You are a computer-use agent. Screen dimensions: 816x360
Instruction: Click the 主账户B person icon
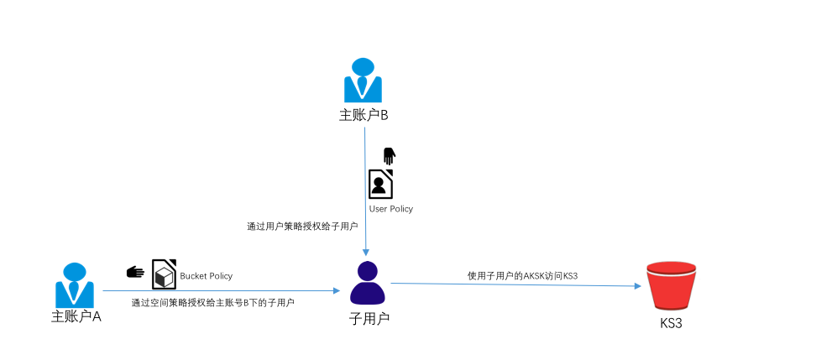(x=363, y=80)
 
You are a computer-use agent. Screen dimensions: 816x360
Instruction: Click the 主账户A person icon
(x=75, y=285)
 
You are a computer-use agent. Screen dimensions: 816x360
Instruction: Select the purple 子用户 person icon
(x=368, y=283)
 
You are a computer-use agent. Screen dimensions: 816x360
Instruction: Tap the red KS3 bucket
(x=672, y=285)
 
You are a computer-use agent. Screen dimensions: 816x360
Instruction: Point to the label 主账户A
(x=76, y=316)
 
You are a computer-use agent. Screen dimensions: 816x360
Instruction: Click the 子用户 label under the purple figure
(x=369, y=318)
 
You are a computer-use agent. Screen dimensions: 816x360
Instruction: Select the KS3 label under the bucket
(x=671, y=323)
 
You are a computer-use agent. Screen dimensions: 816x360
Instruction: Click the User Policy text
(x=391, y=209)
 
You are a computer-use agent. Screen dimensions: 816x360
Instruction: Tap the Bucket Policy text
(x=206, y=276)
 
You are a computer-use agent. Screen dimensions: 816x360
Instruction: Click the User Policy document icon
(x=381, y=184)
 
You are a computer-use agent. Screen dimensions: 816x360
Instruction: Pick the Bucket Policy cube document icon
(x=164, y=274)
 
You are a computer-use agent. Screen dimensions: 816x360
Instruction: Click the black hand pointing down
(x=390, y=156)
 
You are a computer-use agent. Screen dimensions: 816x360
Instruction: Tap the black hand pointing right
(x=135, y=272)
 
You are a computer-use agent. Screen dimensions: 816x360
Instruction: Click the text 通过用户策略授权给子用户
(x=302, y=227)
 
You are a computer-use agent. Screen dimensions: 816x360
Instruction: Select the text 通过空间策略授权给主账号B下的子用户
(x=213, y=302)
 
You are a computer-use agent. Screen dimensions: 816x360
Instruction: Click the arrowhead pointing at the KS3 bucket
(x=637, y=286)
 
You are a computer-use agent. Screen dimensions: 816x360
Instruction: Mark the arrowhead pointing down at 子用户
(x=366, y=253)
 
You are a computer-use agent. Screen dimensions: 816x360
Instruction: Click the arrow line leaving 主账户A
(x=221, y=291)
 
